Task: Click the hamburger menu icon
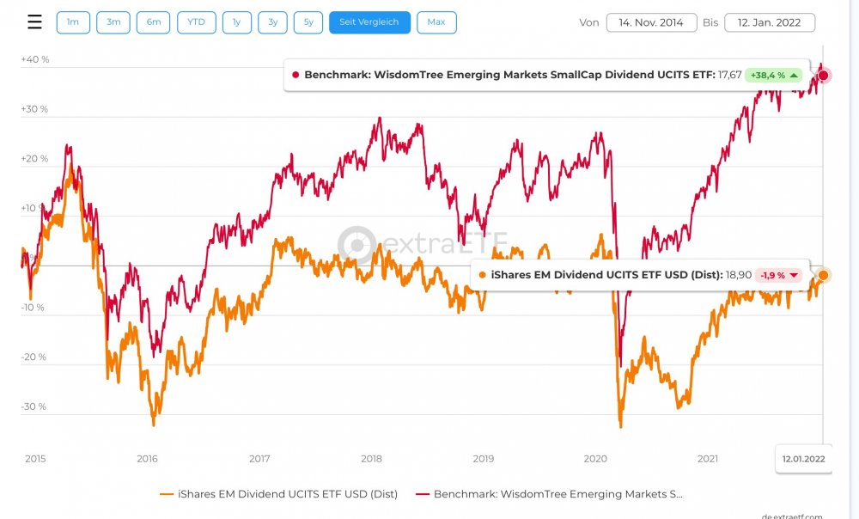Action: tap(34, 22)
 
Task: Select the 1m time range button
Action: tap(73, 22)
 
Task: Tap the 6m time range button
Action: tap(154, 22)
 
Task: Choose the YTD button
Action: tap(197, 22)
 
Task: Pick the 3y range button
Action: tap(272, 22)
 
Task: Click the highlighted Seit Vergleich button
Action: tap(369, 22)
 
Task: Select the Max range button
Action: tap(436, 22)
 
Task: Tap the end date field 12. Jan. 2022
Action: tap(770, 22)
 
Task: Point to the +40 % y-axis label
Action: tap(35, 59)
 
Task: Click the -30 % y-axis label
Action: tap(35, 406)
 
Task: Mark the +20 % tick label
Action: tap(35, 159)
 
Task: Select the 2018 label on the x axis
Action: tap(371, 459)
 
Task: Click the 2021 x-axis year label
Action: tap(708, 459)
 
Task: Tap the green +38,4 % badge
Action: tap(773, 76)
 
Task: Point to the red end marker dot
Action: tap(823, 76)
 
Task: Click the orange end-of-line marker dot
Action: tap(823, 275)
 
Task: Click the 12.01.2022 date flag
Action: tap(803, 459)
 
